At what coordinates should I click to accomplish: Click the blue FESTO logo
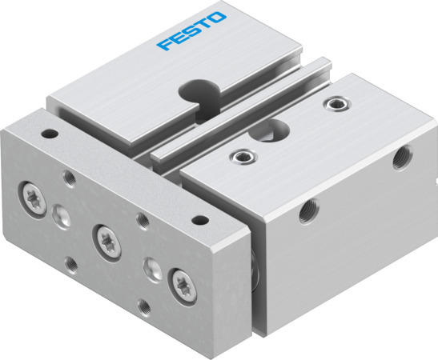pos(192,31)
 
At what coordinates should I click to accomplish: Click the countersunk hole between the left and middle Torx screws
pos(61,214)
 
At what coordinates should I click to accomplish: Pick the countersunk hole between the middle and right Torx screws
pos(148,266)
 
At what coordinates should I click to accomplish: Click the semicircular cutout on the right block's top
pos(279,127)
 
